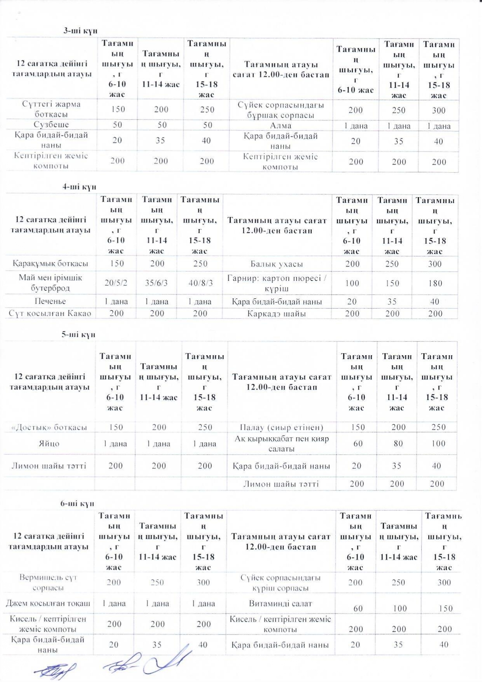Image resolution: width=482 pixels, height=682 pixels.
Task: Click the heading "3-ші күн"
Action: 80,31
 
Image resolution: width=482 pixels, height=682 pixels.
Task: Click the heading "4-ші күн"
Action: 79,187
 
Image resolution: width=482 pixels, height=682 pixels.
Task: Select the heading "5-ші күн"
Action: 78,335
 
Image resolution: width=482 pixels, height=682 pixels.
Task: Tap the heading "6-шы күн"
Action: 77,503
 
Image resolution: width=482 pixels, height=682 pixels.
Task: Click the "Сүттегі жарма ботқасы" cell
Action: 51,109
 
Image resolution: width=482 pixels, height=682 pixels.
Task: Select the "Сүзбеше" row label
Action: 51,124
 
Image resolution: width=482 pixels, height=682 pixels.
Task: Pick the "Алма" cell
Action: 280,126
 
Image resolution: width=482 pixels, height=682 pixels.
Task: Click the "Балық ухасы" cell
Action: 277,264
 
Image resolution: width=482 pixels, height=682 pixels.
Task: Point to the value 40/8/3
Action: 201,283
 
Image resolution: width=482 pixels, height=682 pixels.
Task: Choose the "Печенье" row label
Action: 50,301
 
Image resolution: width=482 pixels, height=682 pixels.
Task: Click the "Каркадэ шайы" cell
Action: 276,314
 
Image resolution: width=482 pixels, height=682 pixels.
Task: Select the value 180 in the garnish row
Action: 435,283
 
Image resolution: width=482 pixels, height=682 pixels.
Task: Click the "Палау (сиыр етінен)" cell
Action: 281,427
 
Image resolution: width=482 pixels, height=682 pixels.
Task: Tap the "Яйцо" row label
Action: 49,444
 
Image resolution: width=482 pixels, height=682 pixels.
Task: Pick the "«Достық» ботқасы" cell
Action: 49,427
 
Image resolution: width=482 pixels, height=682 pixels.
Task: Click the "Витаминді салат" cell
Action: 280,603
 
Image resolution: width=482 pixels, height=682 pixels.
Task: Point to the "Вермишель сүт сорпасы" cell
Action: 48,582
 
